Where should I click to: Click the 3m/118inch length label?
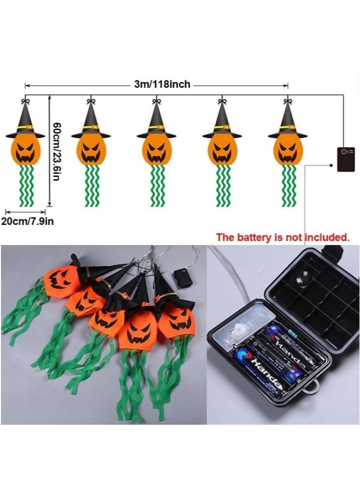tap(162, 84)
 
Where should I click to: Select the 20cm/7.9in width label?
tap(28, 221)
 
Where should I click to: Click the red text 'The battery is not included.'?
tap(283, 237)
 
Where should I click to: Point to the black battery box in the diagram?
tap(346, 159)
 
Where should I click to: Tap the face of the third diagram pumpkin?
tap(157, 151)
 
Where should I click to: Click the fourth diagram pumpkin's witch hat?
tap(222, 122)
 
